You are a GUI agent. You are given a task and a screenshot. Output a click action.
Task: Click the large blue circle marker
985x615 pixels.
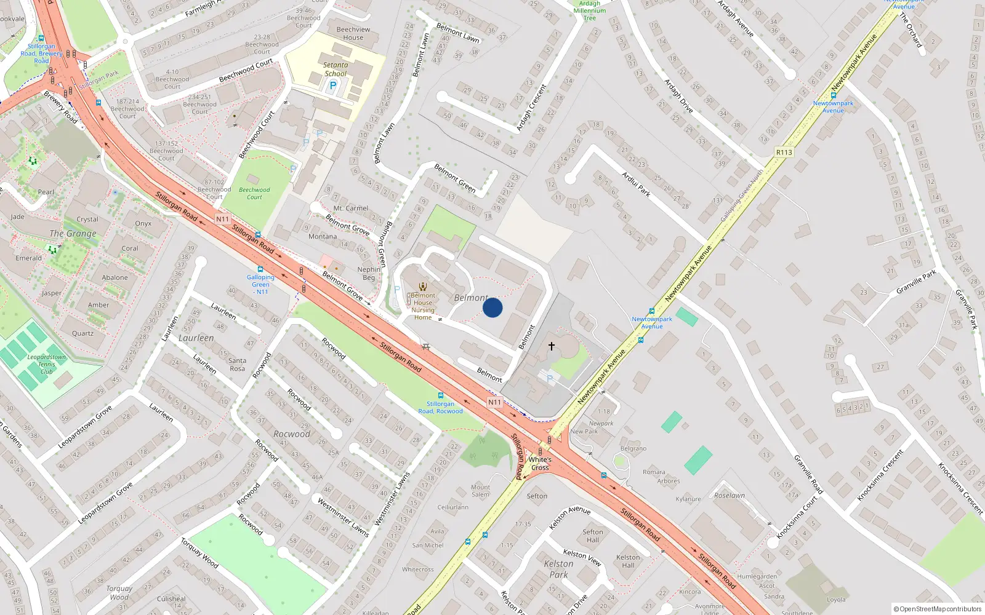pos(492,307)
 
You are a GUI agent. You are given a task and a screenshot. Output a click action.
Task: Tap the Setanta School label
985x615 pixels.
pos(336,69)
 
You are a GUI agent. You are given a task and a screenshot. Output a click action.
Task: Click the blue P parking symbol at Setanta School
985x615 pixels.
pos(333,86)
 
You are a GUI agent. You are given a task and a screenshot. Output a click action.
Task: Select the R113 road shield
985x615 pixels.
pos(784,153)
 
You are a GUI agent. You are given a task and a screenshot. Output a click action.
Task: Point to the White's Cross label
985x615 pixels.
pos(540,464)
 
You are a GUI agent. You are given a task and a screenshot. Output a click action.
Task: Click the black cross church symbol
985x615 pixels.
pos(552,346)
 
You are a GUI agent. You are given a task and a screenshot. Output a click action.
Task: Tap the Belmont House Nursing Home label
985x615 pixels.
pos(423,306)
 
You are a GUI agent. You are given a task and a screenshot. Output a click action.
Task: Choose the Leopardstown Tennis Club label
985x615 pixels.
pos(47,364)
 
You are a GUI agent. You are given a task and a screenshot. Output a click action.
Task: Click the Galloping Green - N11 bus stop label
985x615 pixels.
pos(260,284)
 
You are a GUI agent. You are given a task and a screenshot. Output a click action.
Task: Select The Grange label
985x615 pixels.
pos(73,234)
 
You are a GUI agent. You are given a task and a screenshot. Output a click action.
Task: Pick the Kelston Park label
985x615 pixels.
pos(558,569)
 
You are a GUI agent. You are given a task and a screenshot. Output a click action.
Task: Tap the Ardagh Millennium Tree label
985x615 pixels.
pos(589,10)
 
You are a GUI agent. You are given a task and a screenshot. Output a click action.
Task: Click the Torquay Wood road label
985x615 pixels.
pos(199,553)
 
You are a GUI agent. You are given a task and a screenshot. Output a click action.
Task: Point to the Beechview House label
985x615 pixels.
pos(353,33)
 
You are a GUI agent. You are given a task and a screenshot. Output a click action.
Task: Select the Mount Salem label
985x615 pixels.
pos(481,491)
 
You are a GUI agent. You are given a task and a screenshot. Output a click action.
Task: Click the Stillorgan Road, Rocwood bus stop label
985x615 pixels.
pos(440,407)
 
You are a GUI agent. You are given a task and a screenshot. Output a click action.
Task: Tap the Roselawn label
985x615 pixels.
pos(730,495)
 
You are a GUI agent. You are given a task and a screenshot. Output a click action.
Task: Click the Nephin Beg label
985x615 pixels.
pos(369,274)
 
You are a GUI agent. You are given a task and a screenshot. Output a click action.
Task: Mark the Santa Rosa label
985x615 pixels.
pos(237,365)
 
